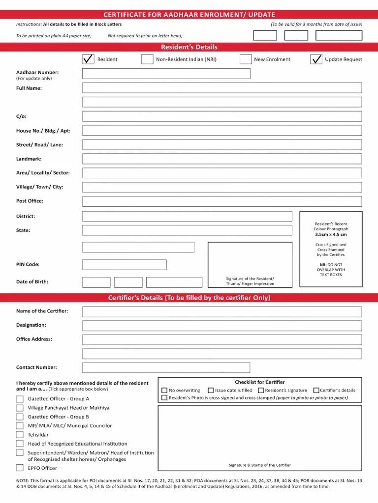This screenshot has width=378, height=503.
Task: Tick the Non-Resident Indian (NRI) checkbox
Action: (147, 59)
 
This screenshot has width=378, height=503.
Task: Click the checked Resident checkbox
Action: (88, 59)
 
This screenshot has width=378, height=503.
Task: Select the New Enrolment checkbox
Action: (246, 59)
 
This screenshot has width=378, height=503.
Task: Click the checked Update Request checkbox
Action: (316, 59)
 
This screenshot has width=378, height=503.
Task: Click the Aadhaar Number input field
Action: (166, 74)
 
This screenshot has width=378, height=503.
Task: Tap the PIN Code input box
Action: (124, 265)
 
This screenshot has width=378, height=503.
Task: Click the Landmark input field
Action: (221, 159)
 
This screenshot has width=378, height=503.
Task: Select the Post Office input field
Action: (221, 201)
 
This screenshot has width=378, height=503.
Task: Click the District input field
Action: (187, 217)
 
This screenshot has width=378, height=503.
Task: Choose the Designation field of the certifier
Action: (221, 326)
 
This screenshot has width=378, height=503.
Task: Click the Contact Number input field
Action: (166, 367)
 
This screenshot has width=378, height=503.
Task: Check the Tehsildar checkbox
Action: (20, 435)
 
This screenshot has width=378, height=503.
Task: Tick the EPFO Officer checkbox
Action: (20, 468)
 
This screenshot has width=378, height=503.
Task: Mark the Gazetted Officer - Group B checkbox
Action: (20, 417)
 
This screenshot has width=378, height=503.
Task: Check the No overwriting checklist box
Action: (164, 391)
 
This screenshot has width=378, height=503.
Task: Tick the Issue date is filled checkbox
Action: (211, 391)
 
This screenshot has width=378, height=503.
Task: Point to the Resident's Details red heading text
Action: (189, 47)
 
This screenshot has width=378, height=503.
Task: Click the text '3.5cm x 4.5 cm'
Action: (331, 234)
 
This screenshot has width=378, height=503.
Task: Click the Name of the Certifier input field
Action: (221, 312)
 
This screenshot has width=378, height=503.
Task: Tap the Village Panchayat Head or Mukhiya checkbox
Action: (20, 408)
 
